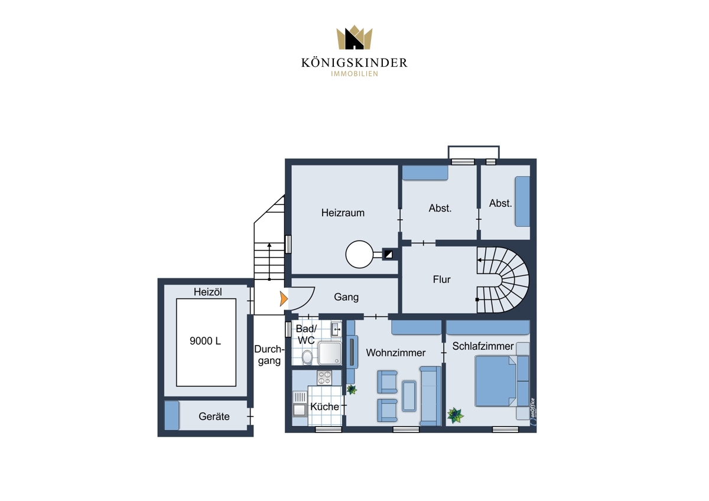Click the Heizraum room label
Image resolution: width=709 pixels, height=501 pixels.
[x=343, y=213]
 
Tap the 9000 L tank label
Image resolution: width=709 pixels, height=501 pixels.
[x=205, y=341]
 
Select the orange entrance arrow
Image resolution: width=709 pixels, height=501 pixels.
[x=284, y=299]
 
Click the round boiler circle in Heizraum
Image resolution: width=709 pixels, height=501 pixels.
[x=359, y=255]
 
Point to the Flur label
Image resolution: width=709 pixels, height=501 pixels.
[x=441, y=279]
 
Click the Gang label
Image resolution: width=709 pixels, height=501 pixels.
[x=346, y=297]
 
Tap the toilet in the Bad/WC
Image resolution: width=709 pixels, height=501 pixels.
[x=307, y=357]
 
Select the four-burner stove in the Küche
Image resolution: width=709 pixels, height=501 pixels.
[x=324, y=378]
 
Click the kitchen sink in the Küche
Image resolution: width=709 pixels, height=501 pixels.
[x=300, y=404]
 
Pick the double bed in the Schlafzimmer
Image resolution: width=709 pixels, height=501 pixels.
[x=502, y=381]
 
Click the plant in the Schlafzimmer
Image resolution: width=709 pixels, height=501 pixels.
[x=455, y=415]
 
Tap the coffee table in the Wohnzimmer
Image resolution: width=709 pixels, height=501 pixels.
[x=409, y=396]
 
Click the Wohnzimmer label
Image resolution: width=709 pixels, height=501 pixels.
[x=396, y=353]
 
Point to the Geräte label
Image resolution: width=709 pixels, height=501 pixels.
[x=214, y=417]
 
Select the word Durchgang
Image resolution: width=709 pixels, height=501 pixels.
[x=269, y=355]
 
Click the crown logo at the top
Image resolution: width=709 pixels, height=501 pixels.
[x=354, y=37]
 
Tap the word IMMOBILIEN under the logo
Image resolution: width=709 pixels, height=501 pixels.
[x=354, y=74]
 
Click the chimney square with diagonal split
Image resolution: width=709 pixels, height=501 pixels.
[x=388, y=254]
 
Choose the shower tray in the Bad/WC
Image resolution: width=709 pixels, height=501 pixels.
[x=330, y=353]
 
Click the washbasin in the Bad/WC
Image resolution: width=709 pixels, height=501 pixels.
[x=336, y=329]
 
